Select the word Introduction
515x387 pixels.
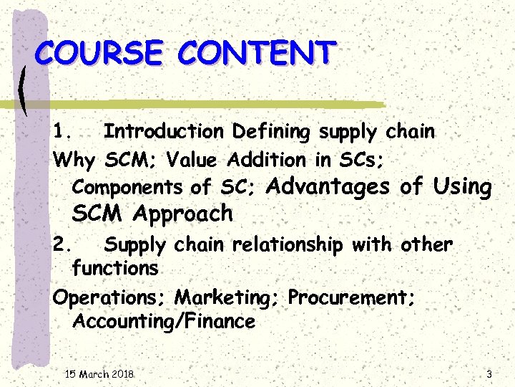[164, 132]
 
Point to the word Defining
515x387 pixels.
[271, 132]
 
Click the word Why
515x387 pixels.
[74, 159]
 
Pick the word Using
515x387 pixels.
[462, 188]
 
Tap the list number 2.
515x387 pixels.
[62, 245]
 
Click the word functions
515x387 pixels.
[115, 269]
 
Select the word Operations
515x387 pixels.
[110, 297]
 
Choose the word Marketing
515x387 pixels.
[228, 297]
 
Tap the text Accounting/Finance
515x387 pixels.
[164, 322]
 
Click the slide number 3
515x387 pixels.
[489, 374]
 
